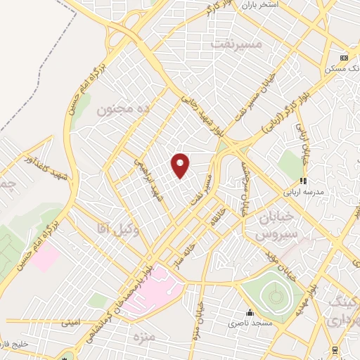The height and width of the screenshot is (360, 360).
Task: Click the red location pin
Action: (181, 165)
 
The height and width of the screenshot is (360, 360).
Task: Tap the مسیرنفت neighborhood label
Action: (236, 43)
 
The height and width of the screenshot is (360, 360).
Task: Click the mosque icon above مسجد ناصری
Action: (249, 313)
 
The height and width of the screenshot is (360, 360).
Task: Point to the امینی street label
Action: (71, 322)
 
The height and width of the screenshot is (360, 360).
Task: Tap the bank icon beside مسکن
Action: (344, 58)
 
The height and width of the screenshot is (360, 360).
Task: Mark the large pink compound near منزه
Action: (157, 285)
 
